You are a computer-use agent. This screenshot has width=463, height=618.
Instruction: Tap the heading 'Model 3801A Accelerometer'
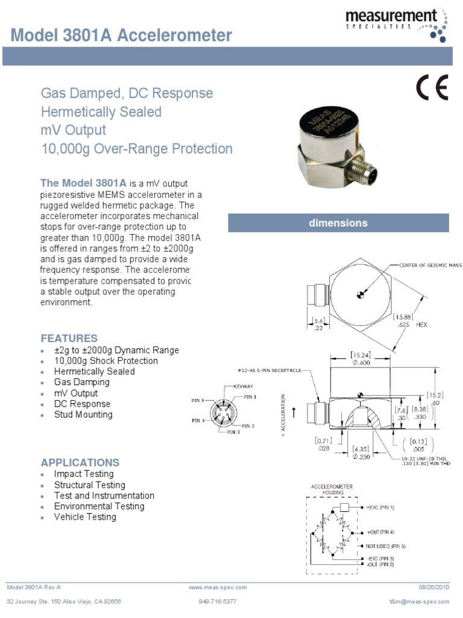121,36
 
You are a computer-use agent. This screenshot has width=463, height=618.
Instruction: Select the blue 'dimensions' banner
338,223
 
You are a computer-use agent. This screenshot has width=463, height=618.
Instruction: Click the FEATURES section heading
69,338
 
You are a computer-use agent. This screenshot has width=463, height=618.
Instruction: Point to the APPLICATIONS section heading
80,462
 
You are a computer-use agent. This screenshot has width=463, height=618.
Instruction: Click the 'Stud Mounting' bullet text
83,415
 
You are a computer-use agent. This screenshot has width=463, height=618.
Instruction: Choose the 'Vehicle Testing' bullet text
85,517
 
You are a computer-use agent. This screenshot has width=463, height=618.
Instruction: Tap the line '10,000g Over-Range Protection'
136,148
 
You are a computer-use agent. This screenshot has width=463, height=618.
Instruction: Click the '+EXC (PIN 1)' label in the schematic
380,508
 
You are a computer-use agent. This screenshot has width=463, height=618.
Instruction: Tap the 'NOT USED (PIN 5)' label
385,546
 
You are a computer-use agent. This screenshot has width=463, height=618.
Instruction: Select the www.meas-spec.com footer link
217,587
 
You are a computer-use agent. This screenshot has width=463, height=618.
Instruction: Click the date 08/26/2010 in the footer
434,587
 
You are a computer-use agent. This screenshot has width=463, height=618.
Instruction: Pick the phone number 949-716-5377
217,602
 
